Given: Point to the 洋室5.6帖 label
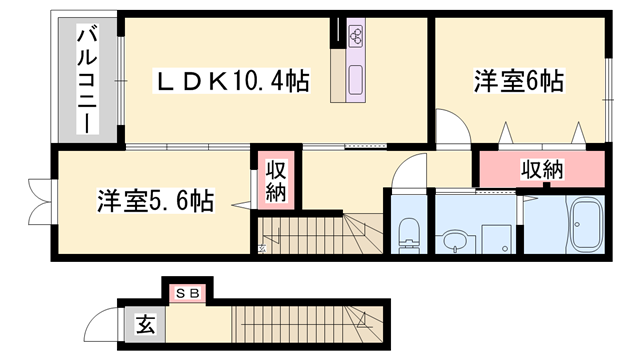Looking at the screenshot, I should [155, 201].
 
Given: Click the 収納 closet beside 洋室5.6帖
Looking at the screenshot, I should [277, 180].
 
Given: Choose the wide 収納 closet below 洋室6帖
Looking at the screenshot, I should [541, 170].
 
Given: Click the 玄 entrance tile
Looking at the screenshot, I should [146, 325].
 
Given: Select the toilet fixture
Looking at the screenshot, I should [407, 235].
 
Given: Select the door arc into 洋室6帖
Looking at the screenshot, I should [449, 129].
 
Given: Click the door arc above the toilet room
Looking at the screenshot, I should [408, 174].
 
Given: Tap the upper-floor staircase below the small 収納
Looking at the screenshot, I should [320, 237].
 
